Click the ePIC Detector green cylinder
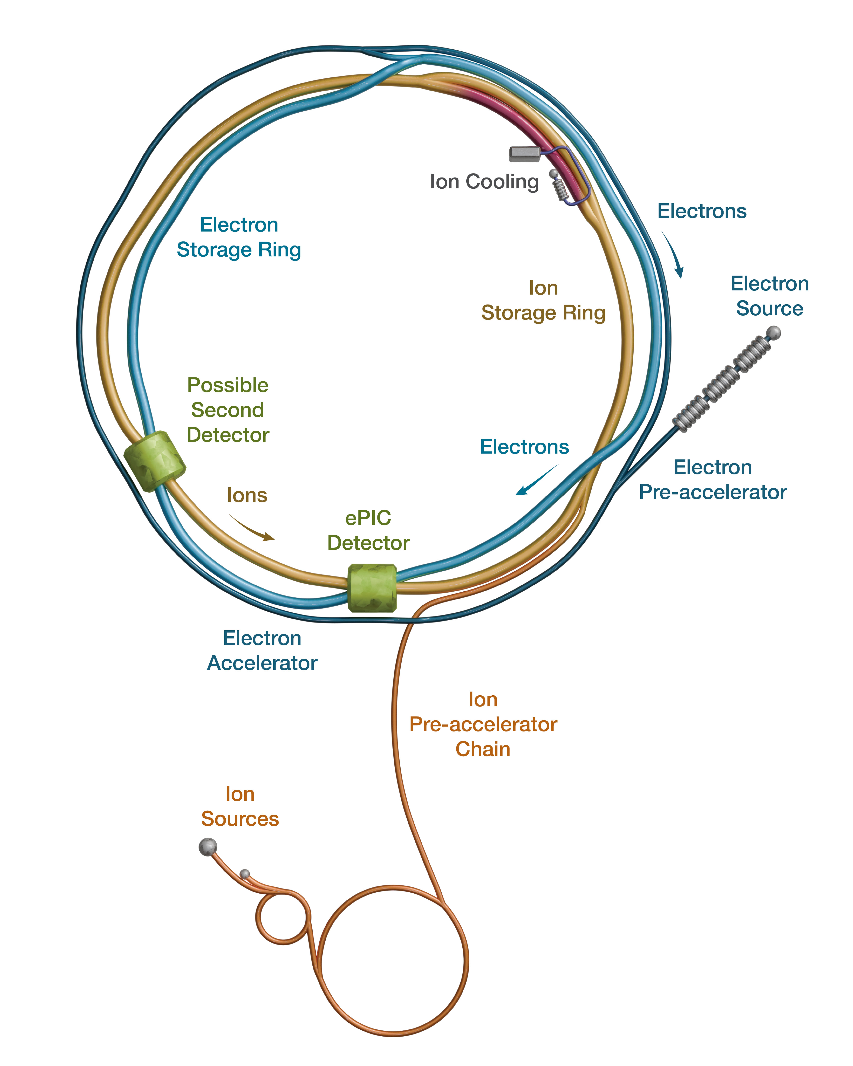click(372, 588)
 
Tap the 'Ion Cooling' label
click(484, 181)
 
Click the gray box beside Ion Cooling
click(525, 154)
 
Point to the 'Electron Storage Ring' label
click(239, 237)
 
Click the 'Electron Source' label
click(770, 296)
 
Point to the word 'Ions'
click(247, 495)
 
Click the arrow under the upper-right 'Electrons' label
click(674, 254)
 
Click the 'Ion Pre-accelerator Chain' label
click(483, 724)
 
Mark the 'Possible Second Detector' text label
click(228, 410)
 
